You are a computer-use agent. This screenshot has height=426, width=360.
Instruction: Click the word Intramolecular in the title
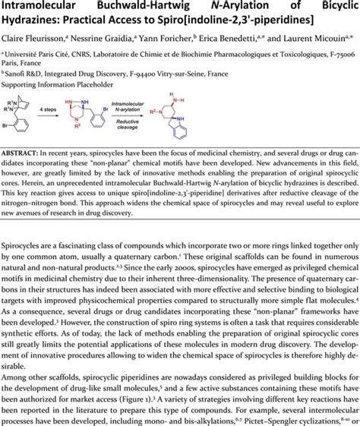tap(43, 8)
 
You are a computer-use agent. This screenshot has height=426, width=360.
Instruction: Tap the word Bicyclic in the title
tap(329, 8)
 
